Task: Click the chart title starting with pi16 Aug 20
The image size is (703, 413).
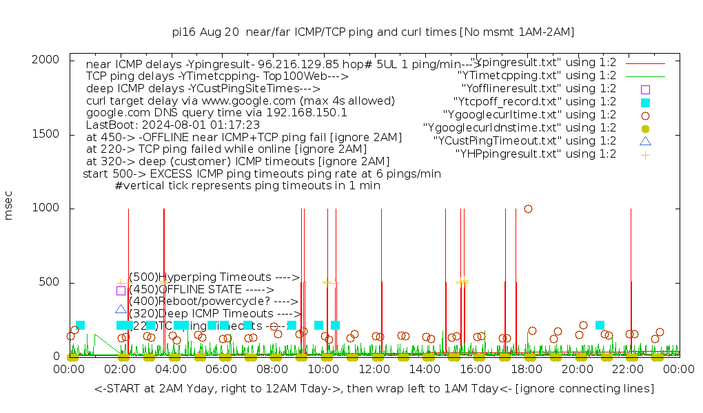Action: click(x=373, y=32)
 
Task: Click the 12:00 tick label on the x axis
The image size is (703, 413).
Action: click(x=374, y=370)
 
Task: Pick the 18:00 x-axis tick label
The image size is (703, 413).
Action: click(x=527, y=370)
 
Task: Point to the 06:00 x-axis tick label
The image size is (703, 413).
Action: click(x=222, y=370)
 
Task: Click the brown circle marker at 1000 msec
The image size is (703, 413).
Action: click(x=528, y=209)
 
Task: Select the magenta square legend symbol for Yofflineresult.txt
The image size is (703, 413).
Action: click(x=645, y=89)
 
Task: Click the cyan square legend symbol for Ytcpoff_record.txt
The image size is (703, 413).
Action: click(x=645, y=102)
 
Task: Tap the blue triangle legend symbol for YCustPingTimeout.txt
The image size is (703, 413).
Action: click(x=645, y=141)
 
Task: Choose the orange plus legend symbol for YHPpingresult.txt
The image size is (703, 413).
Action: click(x=645, y=154)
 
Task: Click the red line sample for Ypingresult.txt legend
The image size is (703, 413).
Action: click(x=645, y=63)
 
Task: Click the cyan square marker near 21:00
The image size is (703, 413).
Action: click(x=600, y=325)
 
